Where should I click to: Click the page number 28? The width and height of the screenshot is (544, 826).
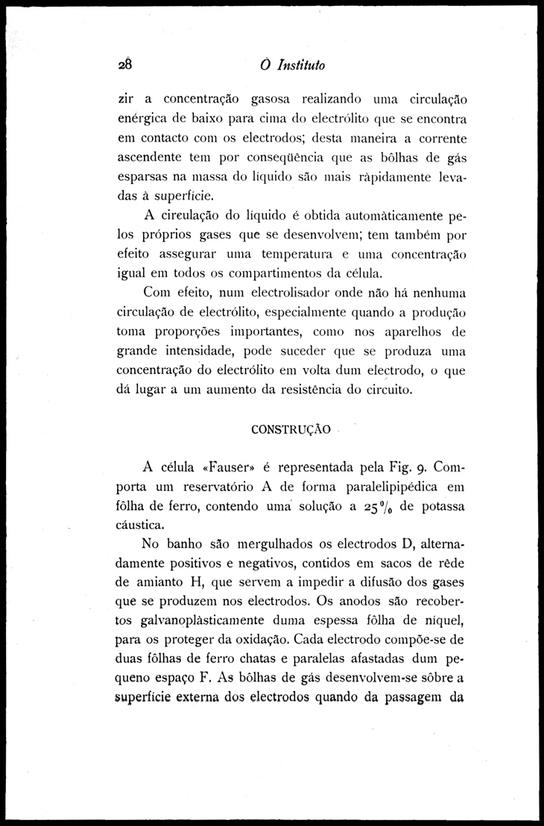click(124, 65)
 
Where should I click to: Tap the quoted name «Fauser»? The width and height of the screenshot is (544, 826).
click(218, 468)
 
